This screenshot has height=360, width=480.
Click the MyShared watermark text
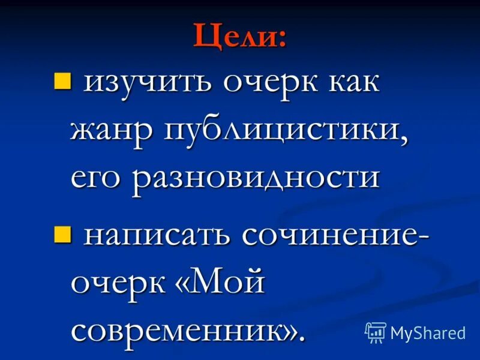428,333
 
